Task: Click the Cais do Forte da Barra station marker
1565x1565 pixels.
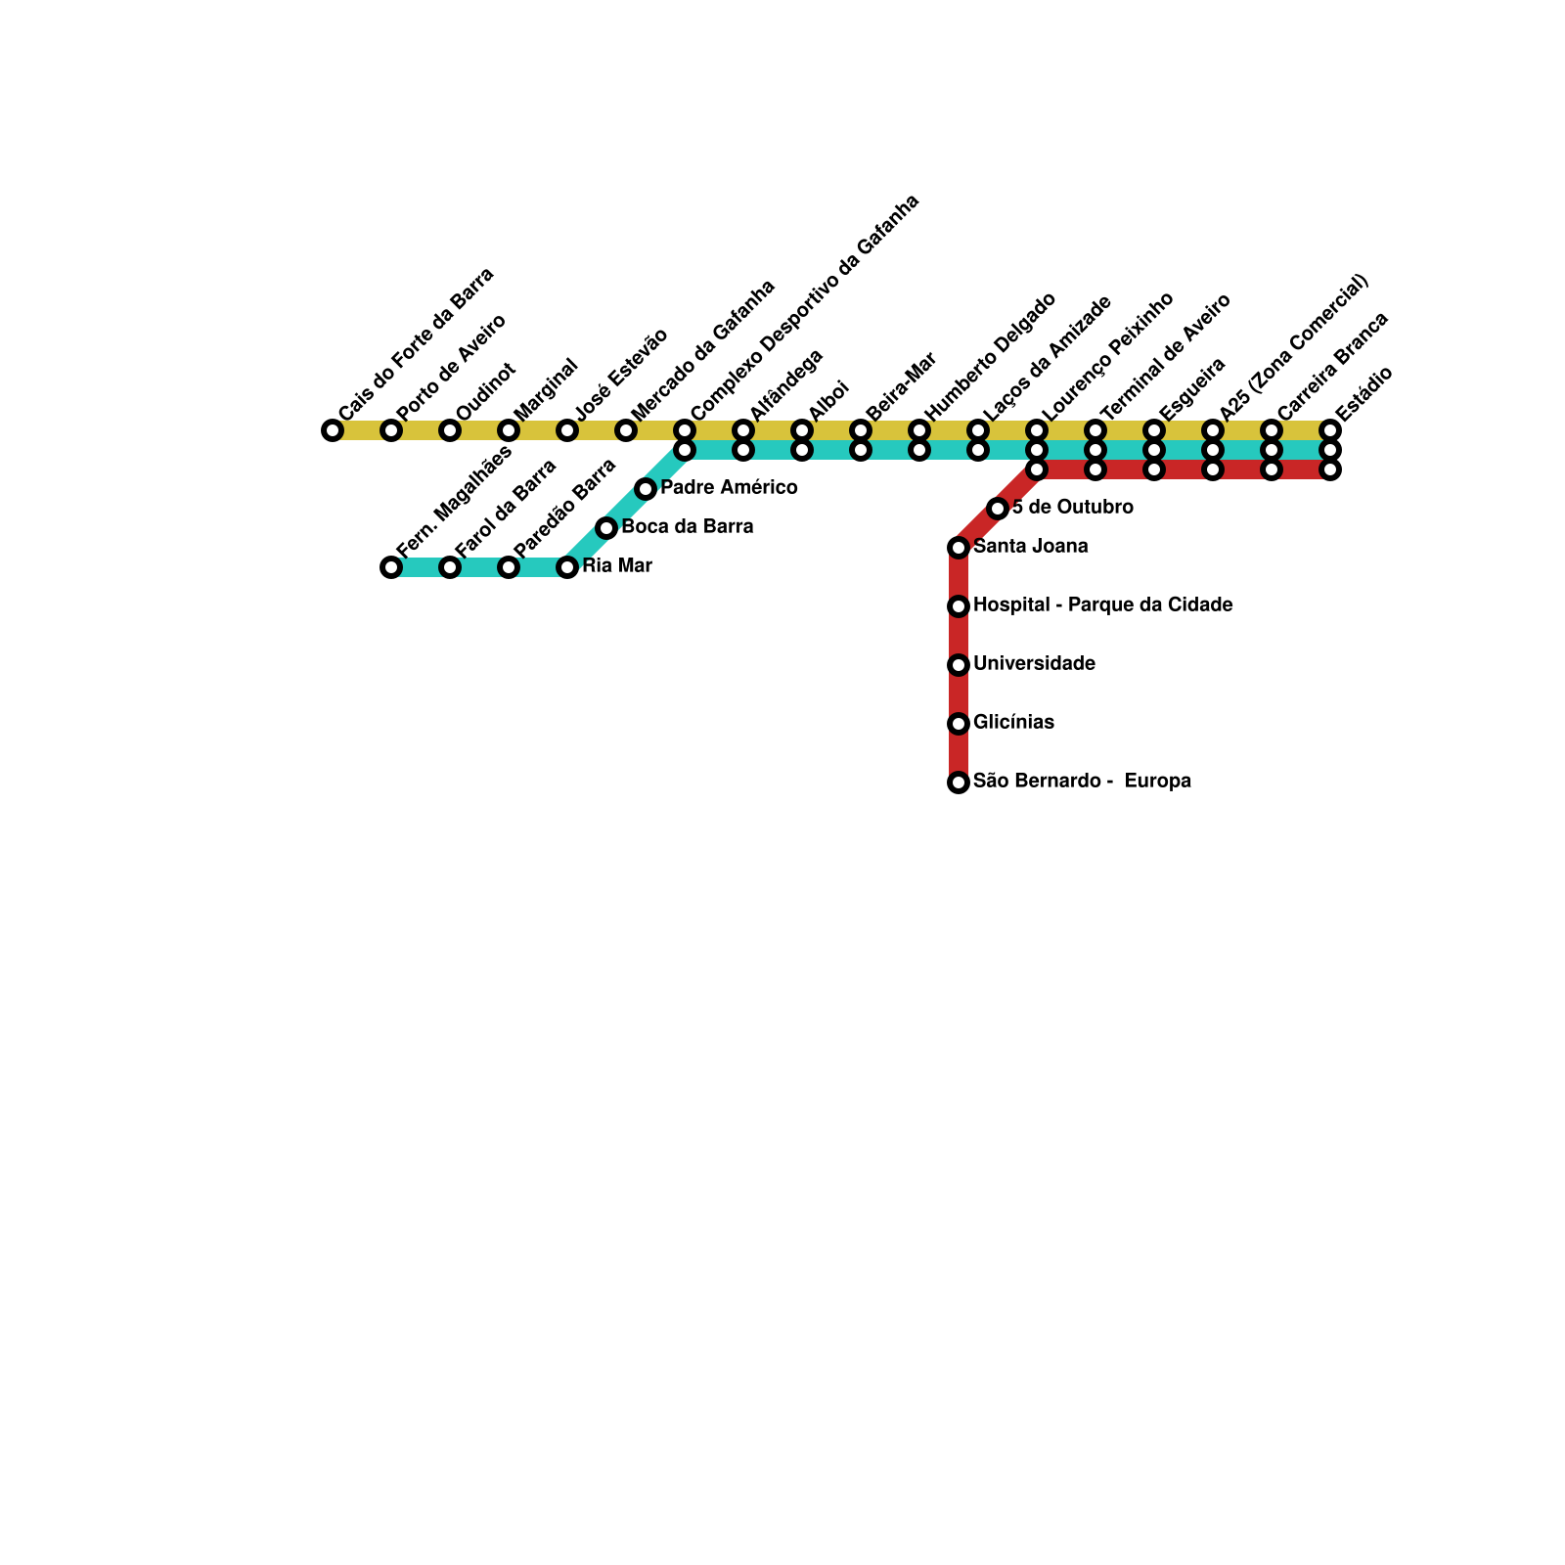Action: tap(333, 430)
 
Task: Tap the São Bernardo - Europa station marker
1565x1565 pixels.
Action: tap(959, 782)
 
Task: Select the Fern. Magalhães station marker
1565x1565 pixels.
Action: tap(391, 567)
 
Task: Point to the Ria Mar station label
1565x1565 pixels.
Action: tap(616, 566)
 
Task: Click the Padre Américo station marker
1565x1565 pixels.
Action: tap(646, 489)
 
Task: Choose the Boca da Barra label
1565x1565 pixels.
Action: tap(687, 527)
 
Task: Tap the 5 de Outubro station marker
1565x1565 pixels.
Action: tap(998, 509)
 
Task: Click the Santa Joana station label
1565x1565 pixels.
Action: tap(1030, 547)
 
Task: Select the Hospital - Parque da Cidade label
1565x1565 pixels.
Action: tap(1102, 605)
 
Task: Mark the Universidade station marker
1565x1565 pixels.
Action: tap(959, 665)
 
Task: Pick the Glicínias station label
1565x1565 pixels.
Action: tap(1013, 723)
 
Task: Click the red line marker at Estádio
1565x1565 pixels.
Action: tap(1330, 469)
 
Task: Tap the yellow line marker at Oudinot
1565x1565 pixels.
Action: tap(450, 430)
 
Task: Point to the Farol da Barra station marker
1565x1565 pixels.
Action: tap(450, 567)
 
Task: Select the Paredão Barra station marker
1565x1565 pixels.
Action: tap(509, 567)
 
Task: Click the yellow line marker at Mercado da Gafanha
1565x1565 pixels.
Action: tap(626, 430)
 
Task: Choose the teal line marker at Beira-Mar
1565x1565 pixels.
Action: tap(861, 450)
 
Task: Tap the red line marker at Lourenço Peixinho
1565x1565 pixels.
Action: tap(1037, 469)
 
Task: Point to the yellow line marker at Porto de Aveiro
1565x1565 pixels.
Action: tap(391, 430)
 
